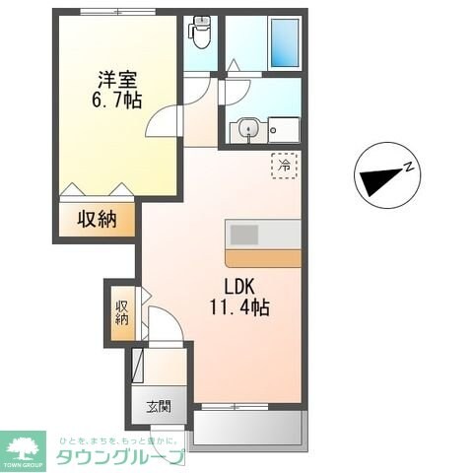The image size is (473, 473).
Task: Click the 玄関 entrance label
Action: (x=159, y=405)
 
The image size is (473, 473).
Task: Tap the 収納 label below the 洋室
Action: (x=97, y=219)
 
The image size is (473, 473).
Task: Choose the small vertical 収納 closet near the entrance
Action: (x=121, y=312)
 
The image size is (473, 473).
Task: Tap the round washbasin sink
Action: (x=246, y=127)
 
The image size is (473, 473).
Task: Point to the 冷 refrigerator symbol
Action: (x=284, y=165)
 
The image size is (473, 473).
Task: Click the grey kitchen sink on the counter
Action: (x=243, y=235)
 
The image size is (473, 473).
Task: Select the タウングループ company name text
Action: (x=118, y=456)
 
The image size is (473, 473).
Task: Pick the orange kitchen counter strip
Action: (x=262, y=257)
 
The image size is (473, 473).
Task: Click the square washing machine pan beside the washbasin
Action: (x=284, y=128)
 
